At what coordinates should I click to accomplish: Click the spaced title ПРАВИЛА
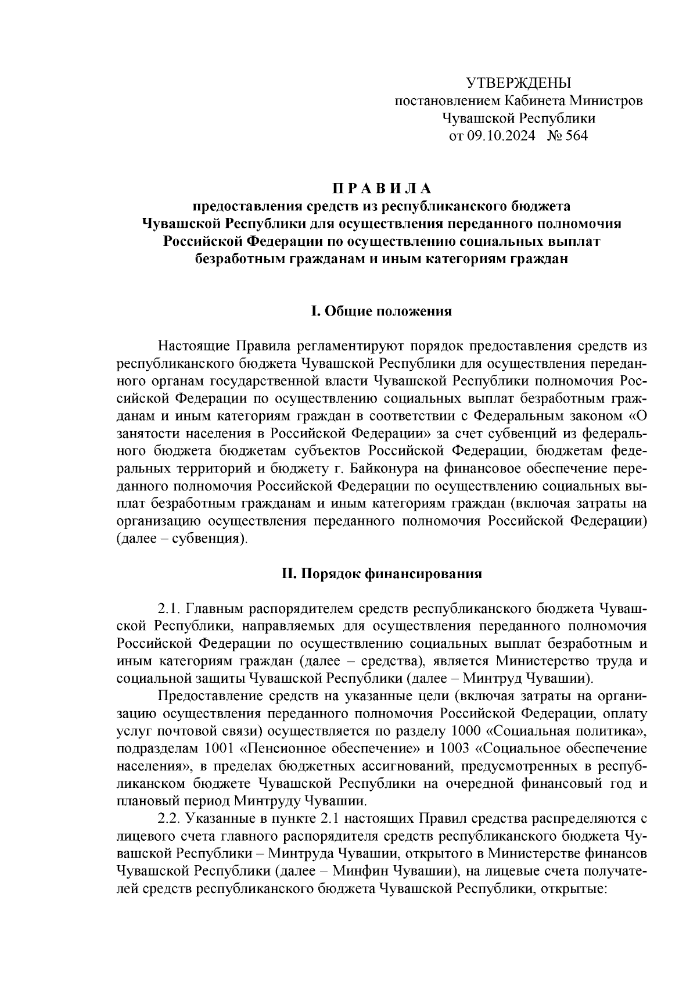(x=382, y=189)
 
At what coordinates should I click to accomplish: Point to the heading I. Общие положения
(x=382, y=311)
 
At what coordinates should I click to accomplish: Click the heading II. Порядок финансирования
(x=382, y=574)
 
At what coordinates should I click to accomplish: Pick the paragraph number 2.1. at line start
(x=171, y=609)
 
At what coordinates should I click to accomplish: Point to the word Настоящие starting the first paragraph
(x=195, y=346)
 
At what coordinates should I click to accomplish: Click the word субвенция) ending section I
(x=215, y=538)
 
